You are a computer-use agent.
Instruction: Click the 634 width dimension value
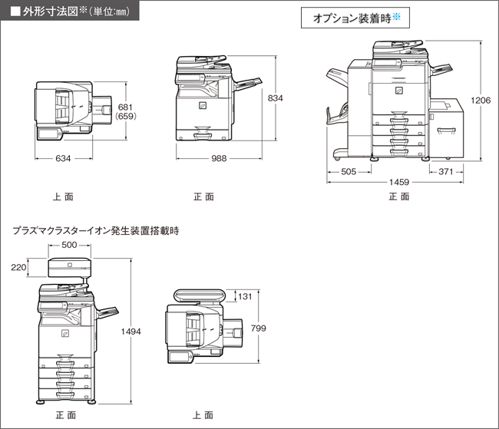tap(63, 159)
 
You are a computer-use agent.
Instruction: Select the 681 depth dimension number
tap(125, 107)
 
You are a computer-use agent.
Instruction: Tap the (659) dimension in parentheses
tap(125, 117)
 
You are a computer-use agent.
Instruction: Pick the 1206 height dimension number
tap(481, 100)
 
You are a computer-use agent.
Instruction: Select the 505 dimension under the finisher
tap(349, 172)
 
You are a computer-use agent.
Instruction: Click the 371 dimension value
tap(445, 172)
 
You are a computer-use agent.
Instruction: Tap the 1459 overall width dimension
tap(398, 183)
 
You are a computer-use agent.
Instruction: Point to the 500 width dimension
tap(69, 245)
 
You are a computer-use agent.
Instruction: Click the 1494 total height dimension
tap(132, 332)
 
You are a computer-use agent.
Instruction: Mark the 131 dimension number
tap(244, 297)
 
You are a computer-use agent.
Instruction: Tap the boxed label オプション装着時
tap(357, 18)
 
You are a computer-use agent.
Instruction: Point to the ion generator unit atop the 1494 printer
tap(69, 268)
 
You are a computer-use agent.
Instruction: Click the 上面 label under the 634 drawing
tap(63, 196)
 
